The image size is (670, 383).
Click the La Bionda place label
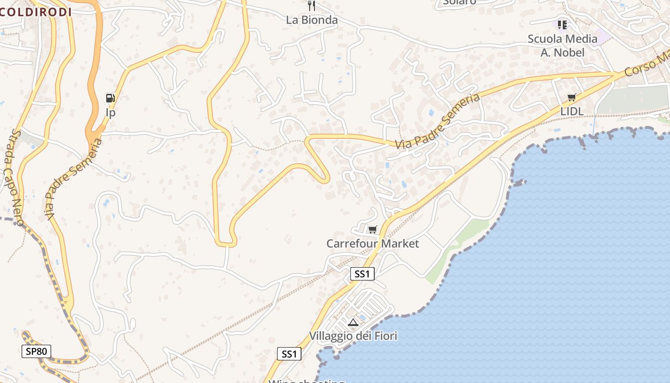point(312,20)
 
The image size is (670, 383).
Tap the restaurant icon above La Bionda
point(312,6)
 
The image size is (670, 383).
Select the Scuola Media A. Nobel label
point(562,45)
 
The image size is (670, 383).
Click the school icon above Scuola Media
point(562,24)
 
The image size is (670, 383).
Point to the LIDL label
point(571,112)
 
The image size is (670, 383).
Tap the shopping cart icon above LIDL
point(571,98)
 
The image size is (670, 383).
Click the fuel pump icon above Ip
point(111,98)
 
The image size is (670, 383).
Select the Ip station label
point(111,113)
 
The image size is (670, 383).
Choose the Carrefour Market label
point(372,244)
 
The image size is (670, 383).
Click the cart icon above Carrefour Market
point(372,230)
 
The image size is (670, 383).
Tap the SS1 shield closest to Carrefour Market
point(362,274)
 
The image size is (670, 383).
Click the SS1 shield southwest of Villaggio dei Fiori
point(289,354)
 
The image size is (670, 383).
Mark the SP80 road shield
point(36,351)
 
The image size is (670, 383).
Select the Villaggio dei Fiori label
point(353,336)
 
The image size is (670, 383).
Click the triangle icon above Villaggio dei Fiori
point(353,322)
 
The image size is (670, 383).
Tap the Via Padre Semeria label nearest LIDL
point(437,121)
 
